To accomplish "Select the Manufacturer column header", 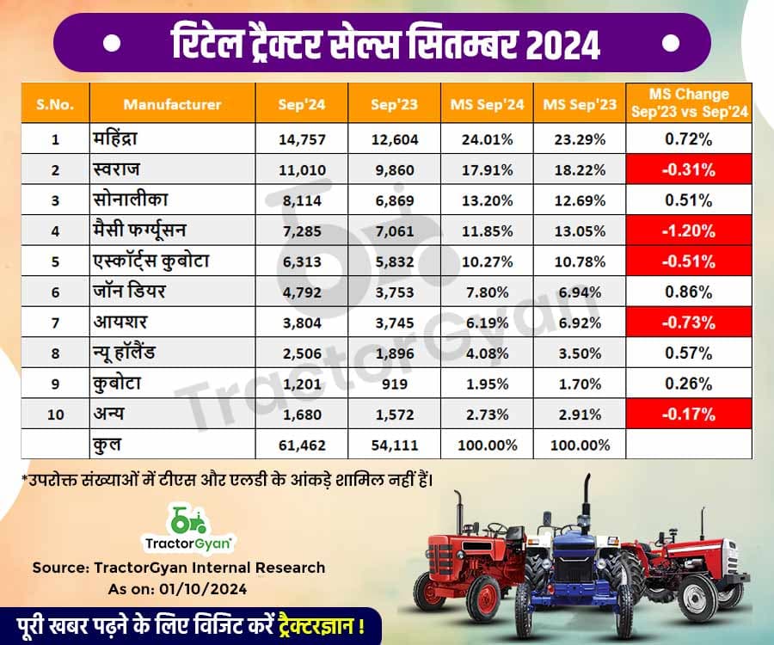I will click(172, 104).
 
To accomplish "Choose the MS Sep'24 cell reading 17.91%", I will click(487, 169).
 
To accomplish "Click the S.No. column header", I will click(54, 104).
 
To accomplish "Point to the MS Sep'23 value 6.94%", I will click(580, 292).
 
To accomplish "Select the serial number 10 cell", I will click(54, 414).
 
